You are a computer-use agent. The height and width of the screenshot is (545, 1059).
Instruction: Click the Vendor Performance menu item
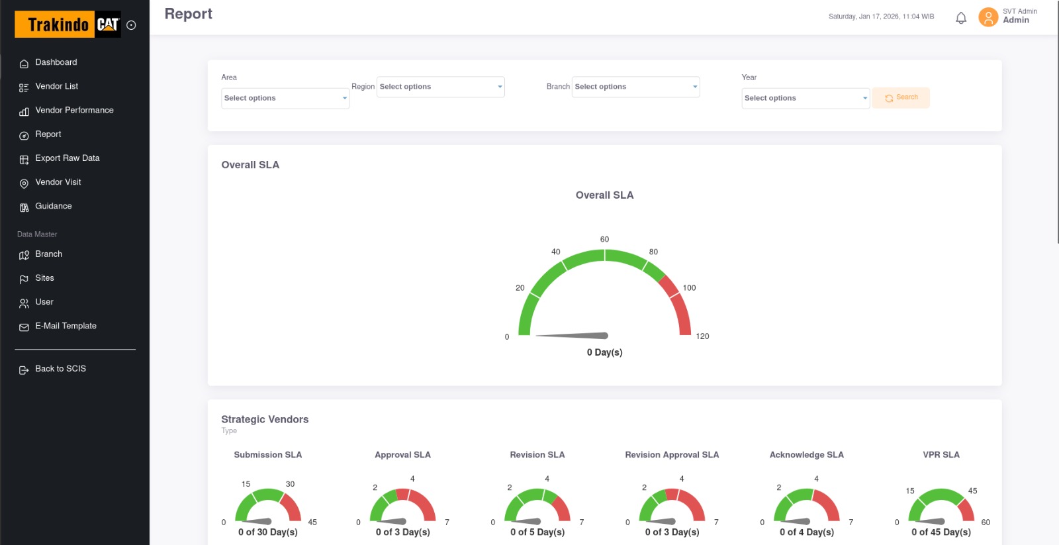click(x=74, y=111)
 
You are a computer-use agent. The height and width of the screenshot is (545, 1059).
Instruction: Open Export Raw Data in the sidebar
click(x=67, y=158)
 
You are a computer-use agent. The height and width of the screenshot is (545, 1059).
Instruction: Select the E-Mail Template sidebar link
click(x=66, y=326)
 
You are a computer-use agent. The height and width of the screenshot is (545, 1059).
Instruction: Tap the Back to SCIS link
click(x=60, y=369)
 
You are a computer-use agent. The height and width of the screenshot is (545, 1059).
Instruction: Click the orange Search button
click(x=901, y=98)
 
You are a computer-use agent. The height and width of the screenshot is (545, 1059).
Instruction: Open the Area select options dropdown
click(x=285, y=98)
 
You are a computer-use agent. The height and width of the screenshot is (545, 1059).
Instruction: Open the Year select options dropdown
click(x=805, y=98)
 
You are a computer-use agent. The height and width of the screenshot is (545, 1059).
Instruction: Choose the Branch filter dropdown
click(x=635, y=87)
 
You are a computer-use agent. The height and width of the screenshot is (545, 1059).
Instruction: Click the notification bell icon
click(x=961, y=18)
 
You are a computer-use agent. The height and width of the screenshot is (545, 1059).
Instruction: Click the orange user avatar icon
click(x=988, y=17)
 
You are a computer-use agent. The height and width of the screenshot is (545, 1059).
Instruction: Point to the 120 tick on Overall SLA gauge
click(x=702, y=336)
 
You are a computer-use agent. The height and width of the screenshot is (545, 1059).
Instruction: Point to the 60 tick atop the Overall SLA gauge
click(x=604, y=239)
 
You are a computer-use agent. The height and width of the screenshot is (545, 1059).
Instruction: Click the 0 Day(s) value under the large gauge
click(x=604, y=352)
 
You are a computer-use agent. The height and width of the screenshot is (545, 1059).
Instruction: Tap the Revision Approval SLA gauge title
click(x=672, y=455)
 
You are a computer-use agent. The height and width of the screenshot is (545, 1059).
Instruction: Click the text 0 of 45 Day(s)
click(x=941, y=532)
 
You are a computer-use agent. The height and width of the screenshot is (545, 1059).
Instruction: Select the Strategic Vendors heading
click(x=265, y=419)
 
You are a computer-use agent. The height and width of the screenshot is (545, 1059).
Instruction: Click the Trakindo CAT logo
click(x=68, y=25)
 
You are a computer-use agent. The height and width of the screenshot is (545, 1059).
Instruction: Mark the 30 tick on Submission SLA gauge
click(x=290, y=484)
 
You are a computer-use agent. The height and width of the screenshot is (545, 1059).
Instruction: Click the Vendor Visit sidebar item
click(x=58, y=182)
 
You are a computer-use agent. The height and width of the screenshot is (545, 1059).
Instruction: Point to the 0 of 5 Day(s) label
click(x=537, y=532)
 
